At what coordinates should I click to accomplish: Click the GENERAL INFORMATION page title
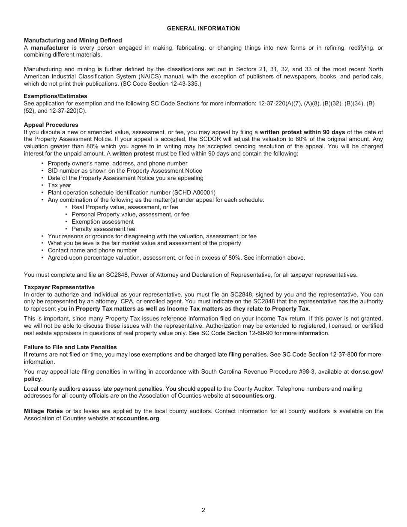[x=203, y=28]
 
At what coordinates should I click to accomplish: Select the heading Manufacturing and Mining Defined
[x=73, y=40]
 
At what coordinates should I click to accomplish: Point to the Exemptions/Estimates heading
[x=55, y=96]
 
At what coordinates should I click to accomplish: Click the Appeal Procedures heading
[x=51, y=125]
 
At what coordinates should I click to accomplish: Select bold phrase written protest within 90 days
[x=302, y=132]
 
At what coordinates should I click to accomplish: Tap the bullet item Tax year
[x=60, y=185]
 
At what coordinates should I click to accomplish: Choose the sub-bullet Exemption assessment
[x=102, y=222]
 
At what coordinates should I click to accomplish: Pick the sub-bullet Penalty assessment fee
[x=103, y=229]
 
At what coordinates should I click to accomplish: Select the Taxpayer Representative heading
[x=59, y=287]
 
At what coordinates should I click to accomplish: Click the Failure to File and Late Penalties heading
[x=70, y=347]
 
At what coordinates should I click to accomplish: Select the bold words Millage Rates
[x=43, y=411]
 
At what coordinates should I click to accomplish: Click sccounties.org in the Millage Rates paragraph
[x=138, y=418]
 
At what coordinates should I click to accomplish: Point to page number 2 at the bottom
[x=203, y=510]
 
